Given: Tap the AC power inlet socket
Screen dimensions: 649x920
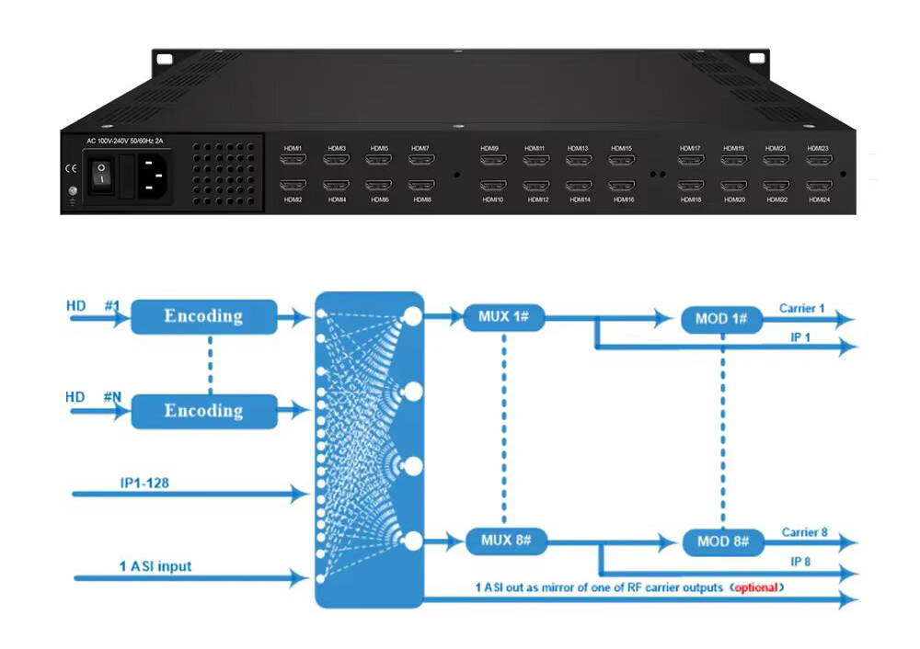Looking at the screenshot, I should click(156, 176).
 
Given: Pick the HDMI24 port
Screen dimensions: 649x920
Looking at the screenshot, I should click(819, 186).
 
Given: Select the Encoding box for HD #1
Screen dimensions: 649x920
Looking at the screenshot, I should click(203, 316).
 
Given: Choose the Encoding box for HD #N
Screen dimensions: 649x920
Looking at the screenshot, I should click(203, 410).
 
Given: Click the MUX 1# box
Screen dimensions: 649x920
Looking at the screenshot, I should click(505, 317).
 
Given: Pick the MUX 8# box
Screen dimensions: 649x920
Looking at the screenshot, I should click(505, 541).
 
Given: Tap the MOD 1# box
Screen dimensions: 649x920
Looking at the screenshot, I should click(721, 319).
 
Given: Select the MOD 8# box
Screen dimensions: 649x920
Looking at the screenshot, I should click(721, 541).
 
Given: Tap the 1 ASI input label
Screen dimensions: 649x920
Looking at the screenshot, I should click(155, 566).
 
